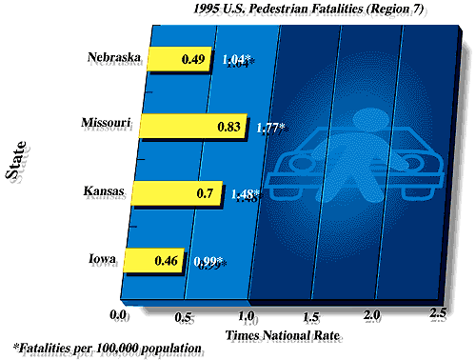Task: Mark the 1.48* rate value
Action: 250,193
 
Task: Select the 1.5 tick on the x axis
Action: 309,315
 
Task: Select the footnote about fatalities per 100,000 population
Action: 108,348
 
